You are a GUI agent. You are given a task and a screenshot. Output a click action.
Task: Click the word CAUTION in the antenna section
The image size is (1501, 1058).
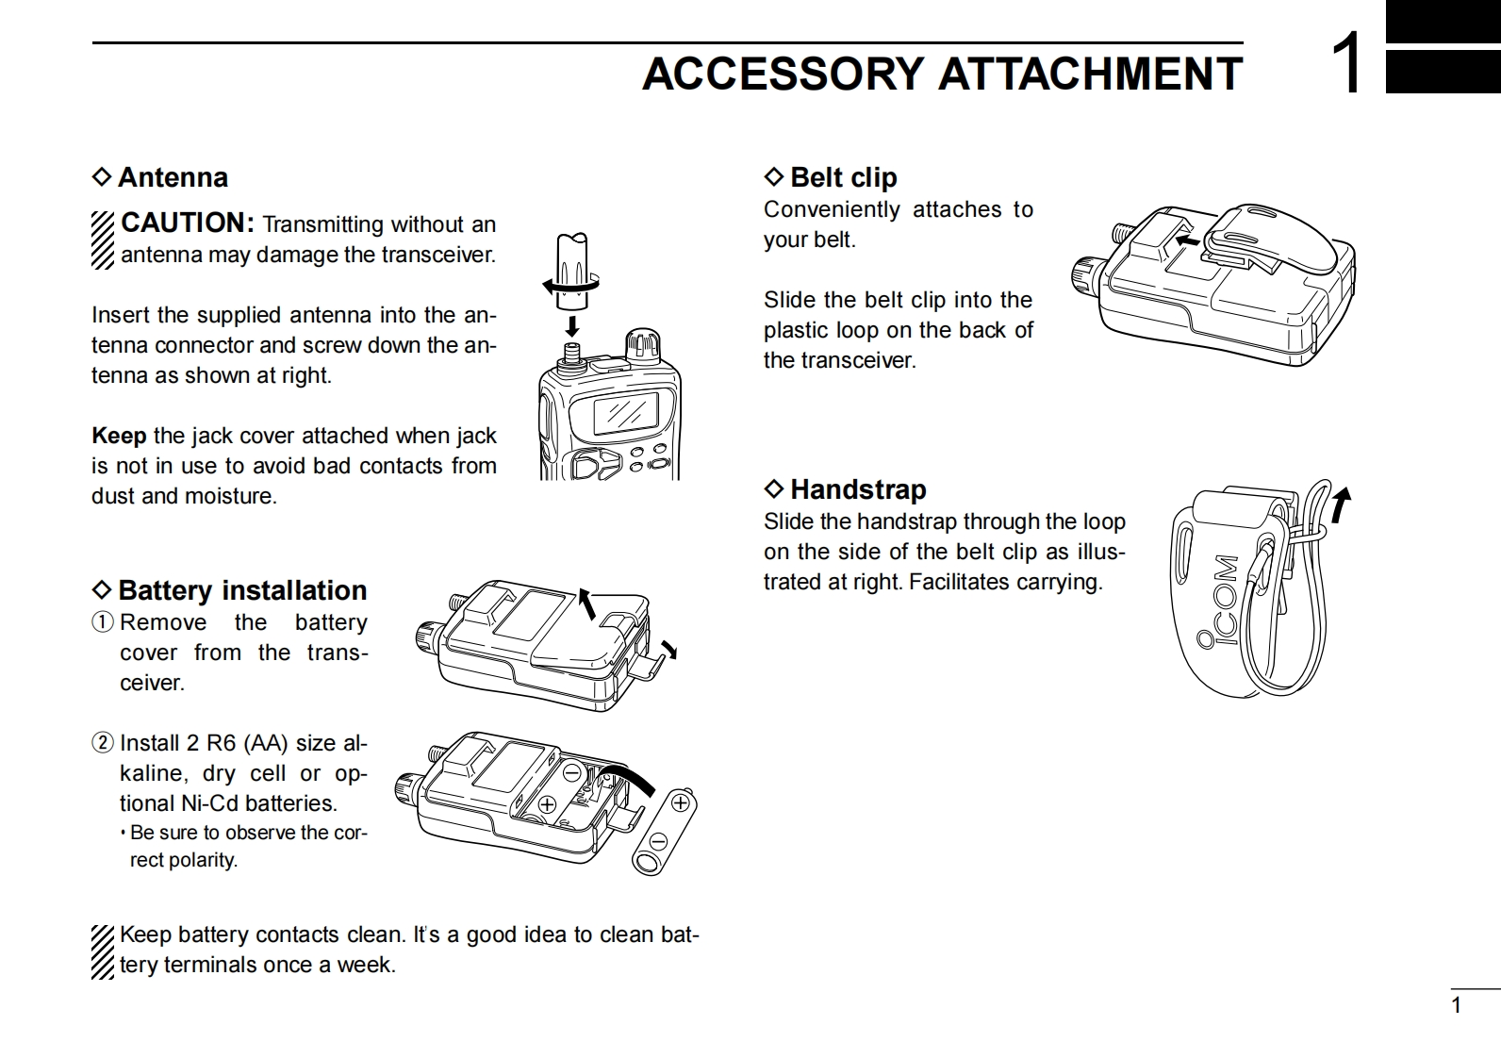pos(187,223)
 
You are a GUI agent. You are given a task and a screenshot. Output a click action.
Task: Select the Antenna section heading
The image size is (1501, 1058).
pos(173,177)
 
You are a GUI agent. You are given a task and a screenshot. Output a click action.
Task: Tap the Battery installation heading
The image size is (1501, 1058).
pos(242,590)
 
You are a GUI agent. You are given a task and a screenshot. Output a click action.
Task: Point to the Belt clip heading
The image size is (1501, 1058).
pos(843,177)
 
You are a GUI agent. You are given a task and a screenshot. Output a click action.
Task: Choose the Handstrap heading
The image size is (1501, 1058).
pos(858,489)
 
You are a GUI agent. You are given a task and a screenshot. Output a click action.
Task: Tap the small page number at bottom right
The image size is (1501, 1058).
pos(1456,1005)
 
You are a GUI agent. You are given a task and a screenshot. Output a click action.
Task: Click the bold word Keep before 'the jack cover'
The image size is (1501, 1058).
pos(119,436)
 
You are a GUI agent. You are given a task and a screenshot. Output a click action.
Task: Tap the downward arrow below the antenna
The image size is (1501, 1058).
pos(571,326)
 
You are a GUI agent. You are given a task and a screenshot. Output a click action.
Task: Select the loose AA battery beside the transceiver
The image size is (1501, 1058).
pos(664,832)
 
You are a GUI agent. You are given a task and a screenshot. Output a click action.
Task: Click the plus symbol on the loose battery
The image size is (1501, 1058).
pos(680,804)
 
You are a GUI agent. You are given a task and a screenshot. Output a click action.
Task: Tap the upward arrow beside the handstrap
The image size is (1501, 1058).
pos(1341,504)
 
